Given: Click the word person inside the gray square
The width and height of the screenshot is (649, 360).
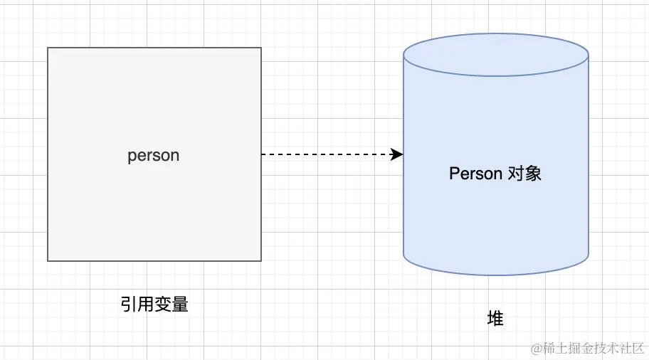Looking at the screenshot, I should [154, 156].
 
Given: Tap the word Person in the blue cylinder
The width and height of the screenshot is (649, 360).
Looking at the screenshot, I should [475, 174].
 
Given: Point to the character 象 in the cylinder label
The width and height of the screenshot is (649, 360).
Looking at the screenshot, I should [534, 174].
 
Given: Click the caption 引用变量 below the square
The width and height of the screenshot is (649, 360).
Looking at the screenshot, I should [154, 305].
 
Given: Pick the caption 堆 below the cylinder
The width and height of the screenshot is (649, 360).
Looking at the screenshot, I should [495, 318].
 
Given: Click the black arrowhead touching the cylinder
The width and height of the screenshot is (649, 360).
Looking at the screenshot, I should [398, 154].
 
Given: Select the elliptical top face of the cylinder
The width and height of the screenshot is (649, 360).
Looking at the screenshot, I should [495, 54].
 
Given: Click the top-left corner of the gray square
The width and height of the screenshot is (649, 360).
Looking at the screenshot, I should [48, 48].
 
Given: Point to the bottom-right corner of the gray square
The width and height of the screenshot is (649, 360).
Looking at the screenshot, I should [261, 260].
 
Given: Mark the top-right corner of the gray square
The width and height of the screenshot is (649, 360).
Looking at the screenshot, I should [261, 48].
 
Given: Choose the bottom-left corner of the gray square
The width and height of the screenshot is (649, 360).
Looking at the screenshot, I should [48, 260].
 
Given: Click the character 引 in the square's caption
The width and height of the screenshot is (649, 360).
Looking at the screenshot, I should [129, 305].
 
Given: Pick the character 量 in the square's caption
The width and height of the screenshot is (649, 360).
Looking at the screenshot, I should [180, 305].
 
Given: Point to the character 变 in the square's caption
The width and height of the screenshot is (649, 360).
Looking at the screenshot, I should [163, 305].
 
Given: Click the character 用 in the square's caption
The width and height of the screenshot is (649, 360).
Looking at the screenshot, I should [146, 305].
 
